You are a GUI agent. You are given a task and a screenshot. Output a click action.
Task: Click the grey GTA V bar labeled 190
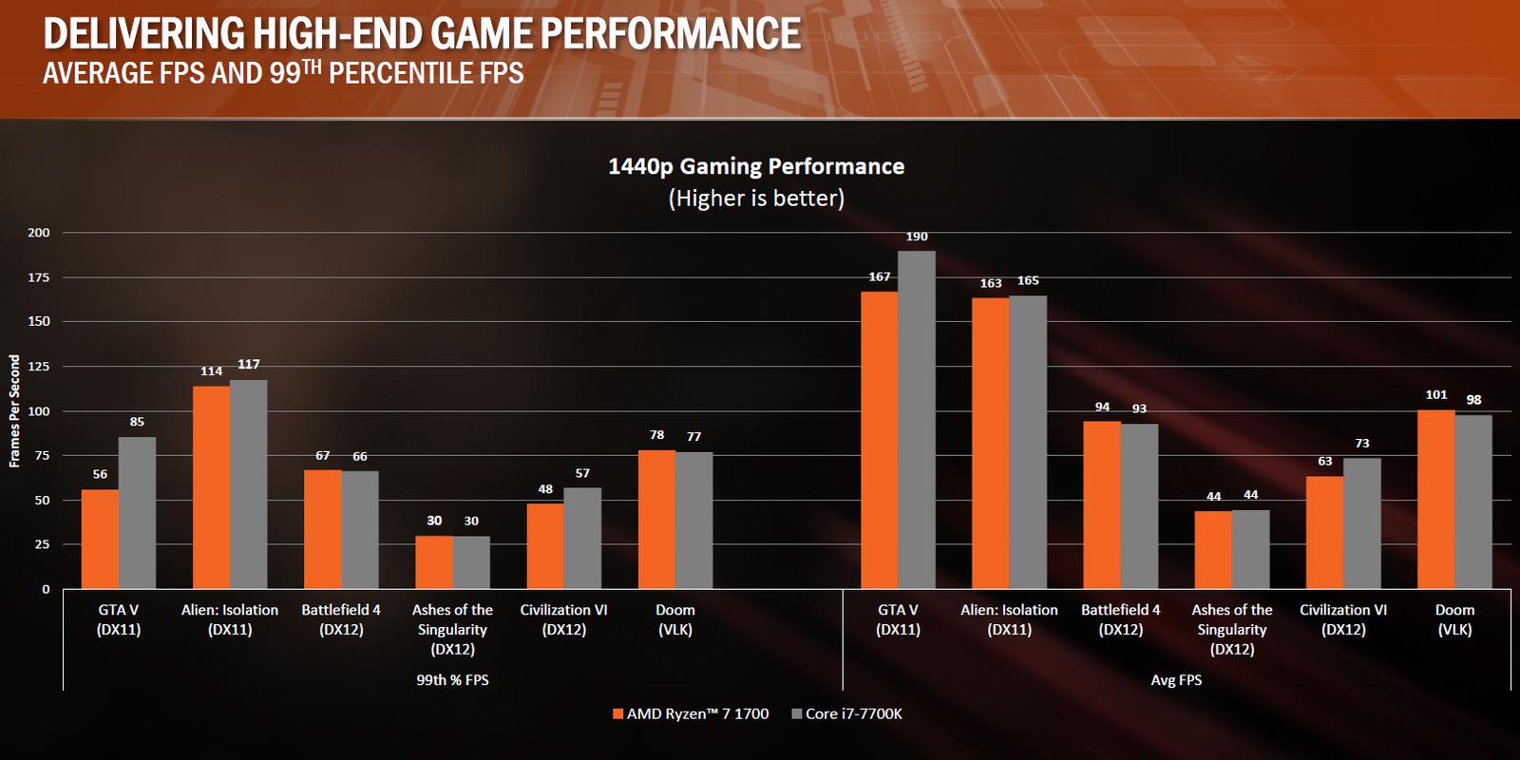coord(917,420)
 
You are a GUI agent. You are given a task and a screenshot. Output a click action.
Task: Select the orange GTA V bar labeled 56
coord(100,540)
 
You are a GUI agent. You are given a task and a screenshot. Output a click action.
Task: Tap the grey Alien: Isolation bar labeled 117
coord(249,484)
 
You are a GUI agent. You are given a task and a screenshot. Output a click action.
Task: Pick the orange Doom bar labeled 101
coord(1435,500)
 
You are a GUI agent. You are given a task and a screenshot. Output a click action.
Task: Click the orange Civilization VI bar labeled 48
coord(545,546)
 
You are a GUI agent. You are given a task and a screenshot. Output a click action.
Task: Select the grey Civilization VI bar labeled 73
coord(1361,523)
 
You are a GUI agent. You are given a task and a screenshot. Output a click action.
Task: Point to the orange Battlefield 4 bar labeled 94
coord(1102,504)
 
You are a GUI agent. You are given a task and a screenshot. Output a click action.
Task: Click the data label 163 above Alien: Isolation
coord(991,283)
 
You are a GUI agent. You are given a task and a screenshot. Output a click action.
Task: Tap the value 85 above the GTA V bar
coord(137,422)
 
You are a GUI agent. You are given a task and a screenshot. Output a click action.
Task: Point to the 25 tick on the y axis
coord(42,544)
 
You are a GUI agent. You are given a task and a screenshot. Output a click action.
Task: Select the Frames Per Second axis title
coord(14,410)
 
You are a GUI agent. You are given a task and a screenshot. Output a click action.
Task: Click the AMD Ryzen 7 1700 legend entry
coord(691,713)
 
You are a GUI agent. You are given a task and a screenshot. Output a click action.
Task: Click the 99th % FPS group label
coord(452,679)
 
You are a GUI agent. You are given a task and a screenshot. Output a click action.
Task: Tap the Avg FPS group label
coord(1176,679)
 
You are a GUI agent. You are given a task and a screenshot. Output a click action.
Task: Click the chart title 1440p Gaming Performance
coord(756,166)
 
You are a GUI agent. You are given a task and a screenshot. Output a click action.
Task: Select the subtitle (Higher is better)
coord(756,198)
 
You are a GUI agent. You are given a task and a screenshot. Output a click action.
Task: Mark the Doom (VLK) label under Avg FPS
coord(1454,619)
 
